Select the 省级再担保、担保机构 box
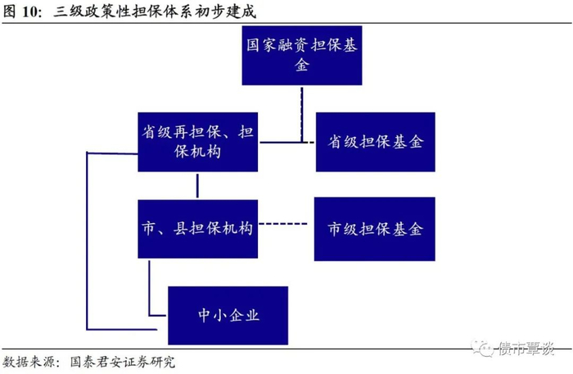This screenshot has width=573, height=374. [197, 141]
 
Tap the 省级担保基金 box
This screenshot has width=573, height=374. [376, 141]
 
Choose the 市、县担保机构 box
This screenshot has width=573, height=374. [197, 227]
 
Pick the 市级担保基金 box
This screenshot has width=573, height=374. [375, 229]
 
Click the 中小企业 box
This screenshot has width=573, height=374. [228, 314]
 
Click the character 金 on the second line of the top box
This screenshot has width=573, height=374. [301, 66]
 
